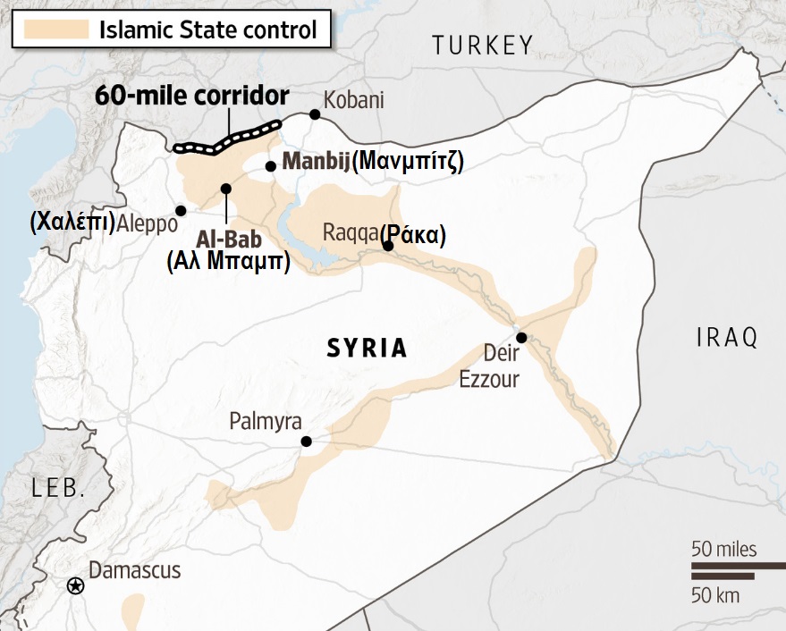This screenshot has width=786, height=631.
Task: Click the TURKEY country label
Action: (482, 45)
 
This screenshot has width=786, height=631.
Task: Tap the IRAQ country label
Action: (726, 337)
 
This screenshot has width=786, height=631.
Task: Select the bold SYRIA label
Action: (367, 348)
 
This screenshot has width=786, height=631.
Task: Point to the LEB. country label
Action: (59, 488)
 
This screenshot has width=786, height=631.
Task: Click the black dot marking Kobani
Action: (315, 114)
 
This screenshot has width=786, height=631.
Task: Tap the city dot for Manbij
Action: (270, 165)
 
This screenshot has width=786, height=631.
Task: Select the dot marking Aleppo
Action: (181, 211)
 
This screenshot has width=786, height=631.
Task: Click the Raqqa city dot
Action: (388, 246)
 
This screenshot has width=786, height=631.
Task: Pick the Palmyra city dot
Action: (306, 441)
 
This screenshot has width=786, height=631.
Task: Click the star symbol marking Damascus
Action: (76, 585)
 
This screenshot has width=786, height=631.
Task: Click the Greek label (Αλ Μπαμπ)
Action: (228, 263)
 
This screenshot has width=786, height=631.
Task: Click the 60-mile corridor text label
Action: (192, 97)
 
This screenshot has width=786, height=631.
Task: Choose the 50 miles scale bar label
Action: (723, 548)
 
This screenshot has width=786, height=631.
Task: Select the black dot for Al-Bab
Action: (226, 188)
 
